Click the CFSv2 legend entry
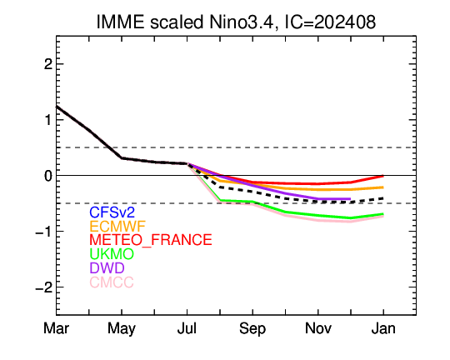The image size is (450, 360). (x=112, y=212)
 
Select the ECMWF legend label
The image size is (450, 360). (x=117, y=227)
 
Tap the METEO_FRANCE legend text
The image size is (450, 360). (x=151, y=240)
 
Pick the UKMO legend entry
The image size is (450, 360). (x=112, y=254)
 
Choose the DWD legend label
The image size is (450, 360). (x=107, y=268)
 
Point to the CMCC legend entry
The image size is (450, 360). (x=112, y=282)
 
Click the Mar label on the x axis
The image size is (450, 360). (x=57, y=328)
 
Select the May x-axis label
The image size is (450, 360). (x=122, y=329)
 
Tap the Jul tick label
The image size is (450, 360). (x=187, y=328)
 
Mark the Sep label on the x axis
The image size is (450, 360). (x=252, y=329)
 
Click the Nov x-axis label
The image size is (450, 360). (x=318, y=328)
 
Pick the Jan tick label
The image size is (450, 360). (x=383, y=328)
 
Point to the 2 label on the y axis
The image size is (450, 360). (x=48, y=64)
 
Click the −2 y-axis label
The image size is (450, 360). (x=44, y=287)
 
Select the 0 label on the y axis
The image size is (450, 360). (x=48, y=176)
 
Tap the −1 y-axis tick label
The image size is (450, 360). (x=44, y=232)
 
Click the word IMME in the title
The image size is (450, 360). (x=120, y=22)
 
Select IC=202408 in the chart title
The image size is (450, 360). (x=330, y=22)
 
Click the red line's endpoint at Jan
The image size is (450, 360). (x=383, y=176)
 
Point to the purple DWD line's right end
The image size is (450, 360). (x=350, y=198)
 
